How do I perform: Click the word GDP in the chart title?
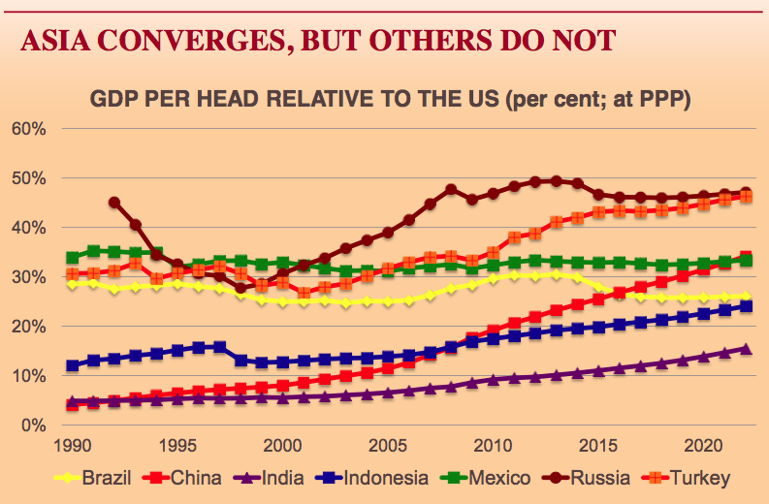(112, 99)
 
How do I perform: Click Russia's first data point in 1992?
(114, 203)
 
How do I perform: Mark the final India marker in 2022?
(746, 349)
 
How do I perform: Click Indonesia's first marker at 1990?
(73, 365)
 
